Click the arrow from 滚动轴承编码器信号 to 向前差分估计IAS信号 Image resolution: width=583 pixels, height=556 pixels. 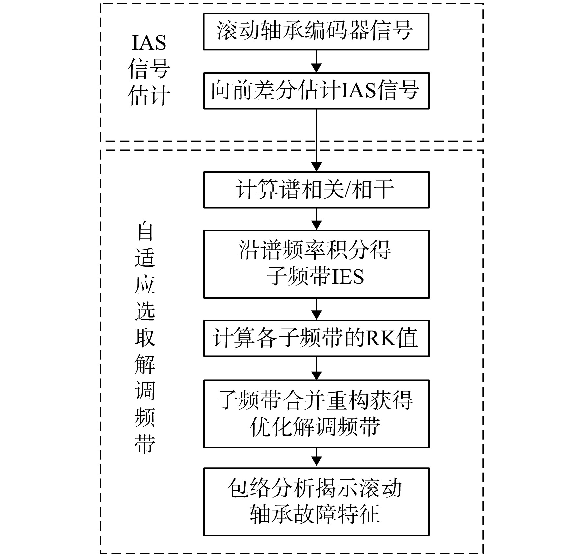coord(316,61)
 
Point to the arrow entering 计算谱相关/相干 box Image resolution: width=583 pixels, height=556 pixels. coord(316,140)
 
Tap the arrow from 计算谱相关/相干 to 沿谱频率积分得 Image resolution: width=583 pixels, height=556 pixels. coord(316,219)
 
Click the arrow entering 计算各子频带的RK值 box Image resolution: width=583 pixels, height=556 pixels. coord(316,309)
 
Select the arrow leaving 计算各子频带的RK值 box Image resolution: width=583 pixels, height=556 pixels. coord(316,368)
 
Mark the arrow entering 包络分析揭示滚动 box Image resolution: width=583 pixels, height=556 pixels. coord(316,458)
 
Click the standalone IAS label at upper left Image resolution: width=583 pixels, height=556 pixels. coord(149,43)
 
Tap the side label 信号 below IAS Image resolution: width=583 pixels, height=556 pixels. coord(149,69)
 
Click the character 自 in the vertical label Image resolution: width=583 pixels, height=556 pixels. coord(145,231)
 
